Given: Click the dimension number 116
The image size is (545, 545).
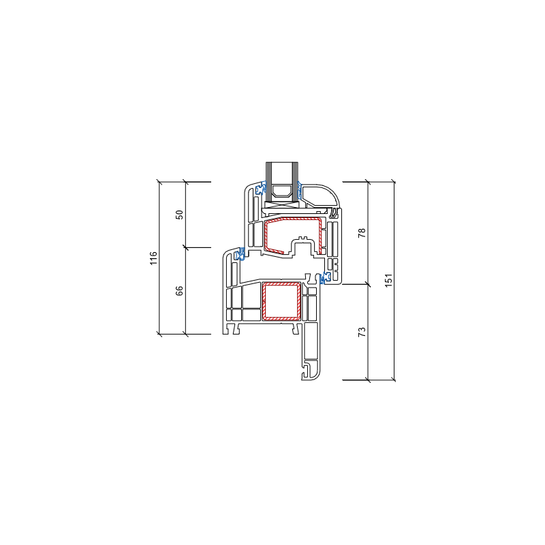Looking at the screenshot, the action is pos(153,258).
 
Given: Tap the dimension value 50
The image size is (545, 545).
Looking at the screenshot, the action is pos(179,215).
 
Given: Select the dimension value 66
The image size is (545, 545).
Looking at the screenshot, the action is pos(179,291).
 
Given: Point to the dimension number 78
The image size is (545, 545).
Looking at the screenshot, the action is pos(362,233).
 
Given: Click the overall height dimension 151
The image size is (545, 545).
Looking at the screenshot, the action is pos(388,281).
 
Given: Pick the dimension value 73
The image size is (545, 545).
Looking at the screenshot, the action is pos(362,332).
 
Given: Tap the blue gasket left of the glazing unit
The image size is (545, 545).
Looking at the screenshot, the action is pos(260,189).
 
